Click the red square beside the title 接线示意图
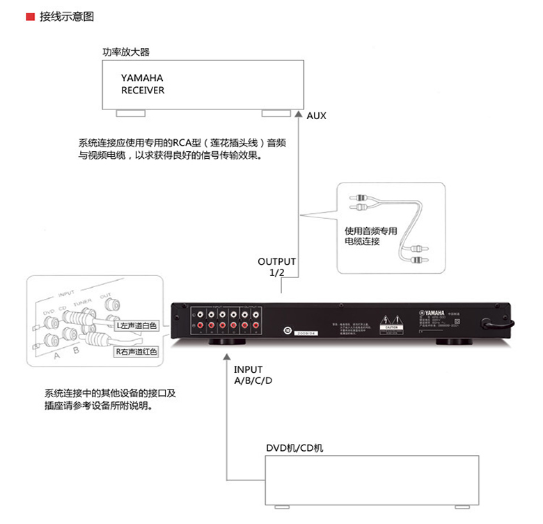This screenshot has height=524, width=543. (x=30, y=15)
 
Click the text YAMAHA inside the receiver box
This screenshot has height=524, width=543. (x=142, y=78)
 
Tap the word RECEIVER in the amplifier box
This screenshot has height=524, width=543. (x=143, y=91)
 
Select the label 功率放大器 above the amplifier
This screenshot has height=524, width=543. (x=125, y=52)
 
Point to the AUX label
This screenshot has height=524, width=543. (x=316, y=116)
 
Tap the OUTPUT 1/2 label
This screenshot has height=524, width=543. (x=276, y=267)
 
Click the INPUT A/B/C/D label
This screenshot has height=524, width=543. (x=253, y=375)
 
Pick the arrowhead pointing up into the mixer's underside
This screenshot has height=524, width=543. (x=227, y=356)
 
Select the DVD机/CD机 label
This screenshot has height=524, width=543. (x=294, y=448)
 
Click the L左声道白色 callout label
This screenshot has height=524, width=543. (x=136, y=325)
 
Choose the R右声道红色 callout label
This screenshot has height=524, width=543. (x=136, y=352)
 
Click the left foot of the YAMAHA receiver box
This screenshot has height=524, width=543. (x=131, y=113)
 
